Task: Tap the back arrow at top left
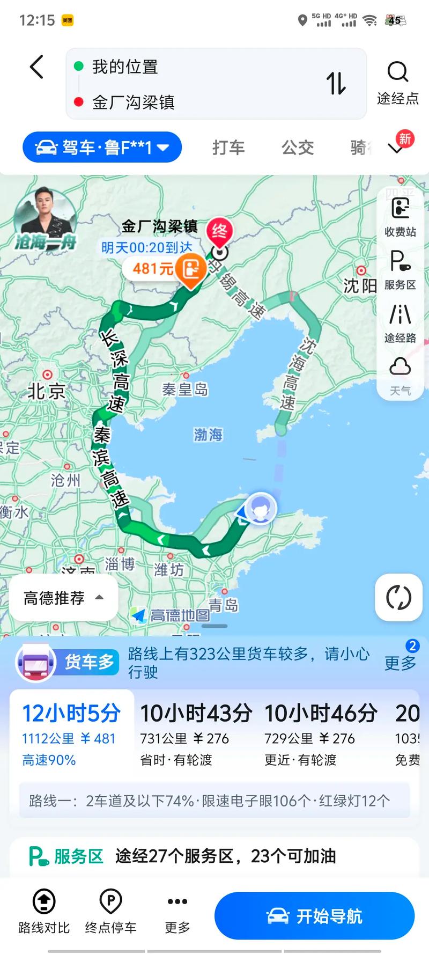coord(36,68)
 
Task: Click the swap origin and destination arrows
coord(336,84)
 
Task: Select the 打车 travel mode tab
coord(228,148)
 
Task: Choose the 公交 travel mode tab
coord(298,148)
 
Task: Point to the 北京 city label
coord(46,391)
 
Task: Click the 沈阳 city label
coord(360,285)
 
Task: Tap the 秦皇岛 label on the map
coord(185,389)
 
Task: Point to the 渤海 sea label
coord(208,434)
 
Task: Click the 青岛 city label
coord(223,605)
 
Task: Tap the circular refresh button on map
coord(398,597)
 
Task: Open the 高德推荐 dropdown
coord(63,598)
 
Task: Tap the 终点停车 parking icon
coord(110,911)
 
